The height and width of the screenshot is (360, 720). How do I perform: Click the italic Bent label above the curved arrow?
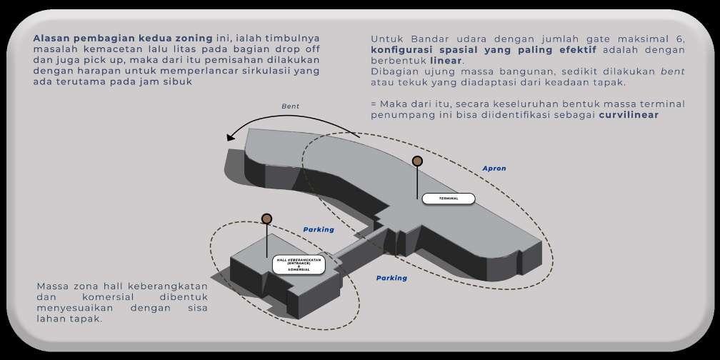[291, 106]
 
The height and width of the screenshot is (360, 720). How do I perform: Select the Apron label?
[494, 169]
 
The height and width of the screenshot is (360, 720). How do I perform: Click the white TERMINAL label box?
[448, 198]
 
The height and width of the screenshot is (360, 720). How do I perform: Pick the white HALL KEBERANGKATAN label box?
[299, 264]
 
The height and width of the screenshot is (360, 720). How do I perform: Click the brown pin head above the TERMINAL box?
[417, 161]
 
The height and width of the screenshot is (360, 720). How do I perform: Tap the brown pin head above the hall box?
[266, 219]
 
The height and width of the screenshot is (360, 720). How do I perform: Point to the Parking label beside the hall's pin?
[319, 229]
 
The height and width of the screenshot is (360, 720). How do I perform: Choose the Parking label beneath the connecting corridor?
[391, 278]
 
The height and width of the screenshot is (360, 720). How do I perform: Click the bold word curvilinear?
[629, 114]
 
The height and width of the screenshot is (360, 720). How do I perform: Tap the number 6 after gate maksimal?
[681, 39]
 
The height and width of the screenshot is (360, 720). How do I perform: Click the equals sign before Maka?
[374, 104]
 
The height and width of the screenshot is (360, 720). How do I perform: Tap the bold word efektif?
[575, 49]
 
